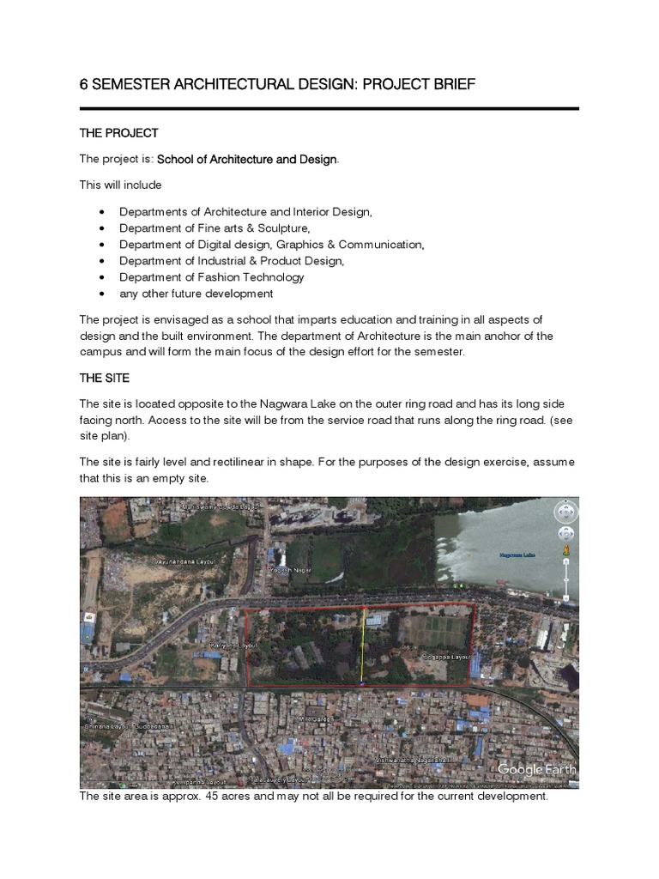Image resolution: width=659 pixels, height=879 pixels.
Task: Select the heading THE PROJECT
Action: pyautogui.click(x=118, y=133)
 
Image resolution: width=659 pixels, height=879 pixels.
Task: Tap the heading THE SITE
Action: pyautogui.click(x=106, y=378)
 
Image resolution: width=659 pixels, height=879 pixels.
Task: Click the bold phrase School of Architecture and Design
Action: pyautogui.click(x=247, y=160)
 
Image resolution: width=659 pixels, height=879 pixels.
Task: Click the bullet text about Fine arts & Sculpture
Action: pyautogui.click(x=214, y=228)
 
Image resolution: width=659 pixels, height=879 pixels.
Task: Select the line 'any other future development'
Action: pyautogui.click(x=196, y=294)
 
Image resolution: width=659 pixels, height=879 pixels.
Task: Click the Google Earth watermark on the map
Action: pyautogui.click(x=536, y=769)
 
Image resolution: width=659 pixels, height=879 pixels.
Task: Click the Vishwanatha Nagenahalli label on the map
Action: pyautogui.click(x=414, y=760)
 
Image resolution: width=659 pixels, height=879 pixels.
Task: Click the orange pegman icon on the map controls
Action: pyautogui.click(x=565, y=548)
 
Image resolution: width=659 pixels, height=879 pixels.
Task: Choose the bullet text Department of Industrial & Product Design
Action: pyautogui.click(x=231, y=261)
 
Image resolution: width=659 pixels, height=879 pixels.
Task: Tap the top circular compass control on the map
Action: pyautogui.click(x=565, y=512)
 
